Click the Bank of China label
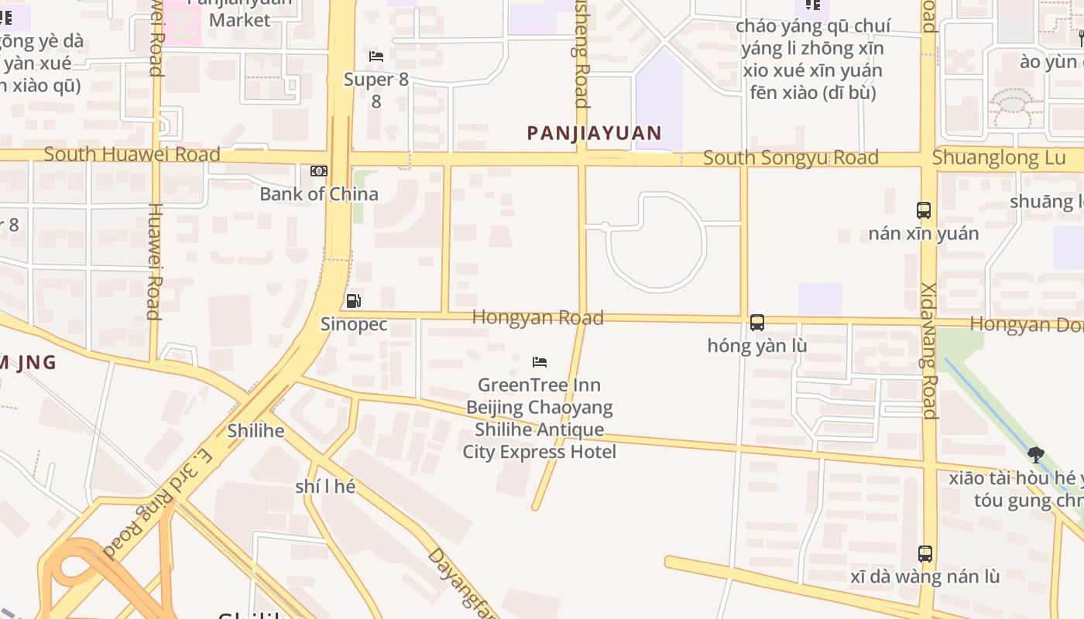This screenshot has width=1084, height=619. tap(319, 194)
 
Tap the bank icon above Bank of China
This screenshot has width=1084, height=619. tap(318, 171)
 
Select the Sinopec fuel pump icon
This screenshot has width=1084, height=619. tap(353, 301)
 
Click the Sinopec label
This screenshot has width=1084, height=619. tap(354, 324)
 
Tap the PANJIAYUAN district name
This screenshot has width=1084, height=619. tap(594, 133)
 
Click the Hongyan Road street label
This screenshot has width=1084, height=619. tap(537, 317)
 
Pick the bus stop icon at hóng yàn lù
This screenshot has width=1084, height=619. tap(757, 323)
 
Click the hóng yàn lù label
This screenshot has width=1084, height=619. tap(756, 346)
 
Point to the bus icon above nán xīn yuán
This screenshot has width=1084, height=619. tap(923, 210)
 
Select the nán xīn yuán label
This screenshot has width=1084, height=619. tap(923, 233)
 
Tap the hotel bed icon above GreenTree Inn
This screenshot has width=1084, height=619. tap(540, 361)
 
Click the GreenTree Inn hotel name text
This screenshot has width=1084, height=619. tap(539, 418)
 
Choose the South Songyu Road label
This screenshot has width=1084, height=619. tap(791, 158)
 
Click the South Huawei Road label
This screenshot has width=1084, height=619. tap(132, 154)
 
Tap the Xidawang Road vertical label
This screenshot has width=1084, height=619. tap(929, 351)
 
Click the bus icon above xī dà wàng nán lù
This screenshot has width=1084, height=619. tap(924, 553)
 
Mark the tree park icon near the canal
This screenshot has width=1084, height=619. tap(1035, 455)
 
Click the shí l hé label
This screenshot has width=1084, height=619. tap(325, 487)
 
